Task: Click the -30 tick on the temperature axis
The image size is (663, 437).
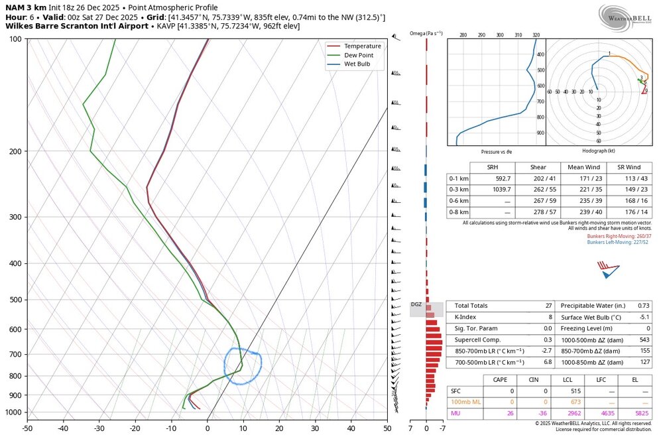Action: pyautogui.click(x=99, y=428)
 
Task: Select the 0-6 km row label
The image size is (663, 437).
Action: pyautogui.click(x=459, y=200)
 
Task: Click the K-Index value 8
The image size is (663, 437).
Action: pyautogui.click(x=550, y=317)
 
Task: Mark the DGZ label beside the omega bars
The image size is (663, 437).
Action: pyautogui.click(x=416, y=304)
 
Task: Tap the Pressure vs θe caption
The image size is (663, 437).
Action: pyautogui.click(x=496, y=151)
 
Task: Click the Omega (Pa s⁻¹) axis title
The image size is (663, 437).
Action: pyautogui.click(x=426, y=33)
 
